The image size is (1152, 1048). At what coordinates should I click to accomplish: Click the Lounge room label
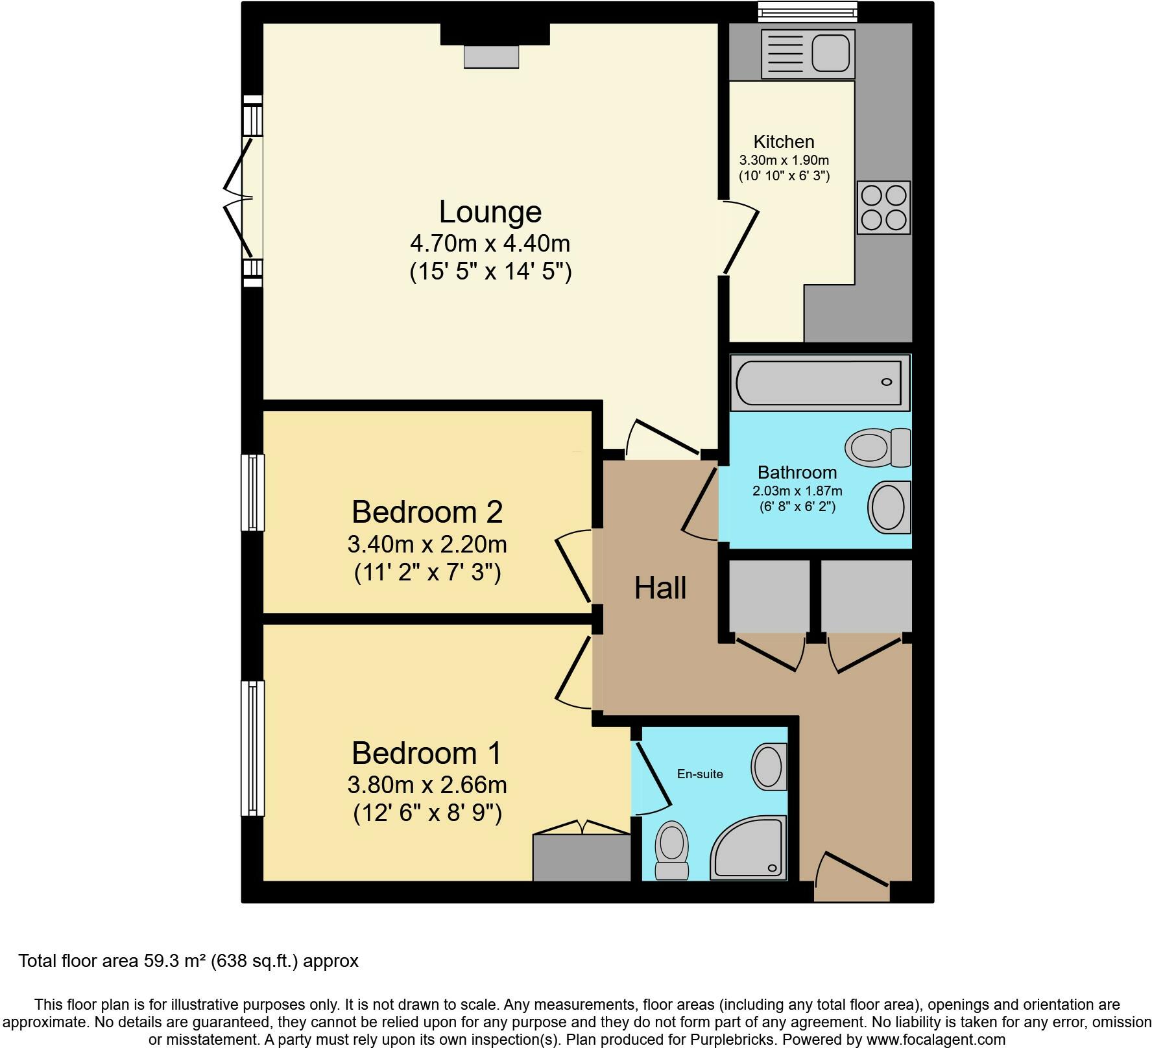point(490,212)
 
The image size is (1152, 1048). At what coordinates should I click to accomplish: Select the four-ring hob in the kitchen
point(883,208)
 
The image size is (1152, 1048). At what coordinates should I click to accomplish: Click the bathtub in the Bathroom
point(819,382)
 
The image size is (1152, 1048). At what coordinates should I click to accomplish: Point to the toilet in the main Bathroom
point(877,447)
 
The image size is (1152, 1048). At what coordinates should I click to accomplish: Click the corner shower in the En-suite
point(752,850)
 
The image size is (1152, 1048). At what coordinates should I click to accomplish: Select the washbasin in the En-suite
point(769,767)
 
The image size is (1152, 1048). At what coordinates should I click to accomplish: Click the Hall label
point(660,588)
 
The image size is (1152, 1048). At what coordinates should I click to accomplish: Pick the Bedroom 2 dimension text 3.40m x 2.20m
point(427,544)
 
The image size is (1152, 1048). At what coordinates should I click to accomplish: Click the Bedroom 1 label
point(427,753)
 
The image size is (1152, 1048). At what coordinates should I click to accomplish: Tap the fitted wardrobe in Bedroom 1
point(581,857)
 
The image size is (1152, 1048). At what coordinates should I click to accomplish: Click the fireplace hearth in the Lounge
point(491,56)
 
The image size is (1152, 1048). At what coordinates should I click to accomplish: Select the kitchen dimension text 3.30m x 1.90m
point(784,160)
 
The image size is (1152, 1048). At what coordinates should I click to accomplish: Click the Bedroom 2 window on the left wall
point(252,492)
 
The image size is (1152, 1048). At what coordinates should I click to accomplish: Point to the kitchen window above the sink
point(808,10)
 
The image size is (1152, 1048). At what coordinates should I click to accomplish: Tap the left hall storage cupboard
point(769,596)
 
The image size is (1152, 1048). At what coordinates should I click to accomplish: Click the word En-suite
point(699,774)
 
